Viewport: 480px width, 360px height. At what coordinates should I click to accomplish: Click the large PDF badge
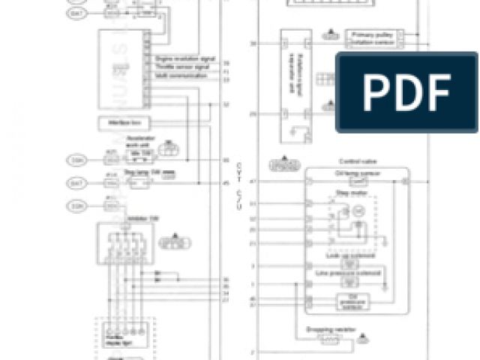click(x=406, y=93)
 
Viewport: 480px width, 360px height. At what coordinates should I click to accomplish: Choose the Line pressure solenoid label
click(x=350, y=272)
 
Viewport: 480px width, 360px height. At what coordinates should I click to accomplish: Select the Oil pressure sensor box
click(x=351, y=301)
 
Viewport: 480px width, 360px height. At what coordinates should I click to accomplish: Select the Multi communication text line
click(x=177, y=75)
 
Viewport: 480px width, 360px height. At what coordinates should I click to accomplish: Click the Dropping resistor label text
click(x=328, y=329)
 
